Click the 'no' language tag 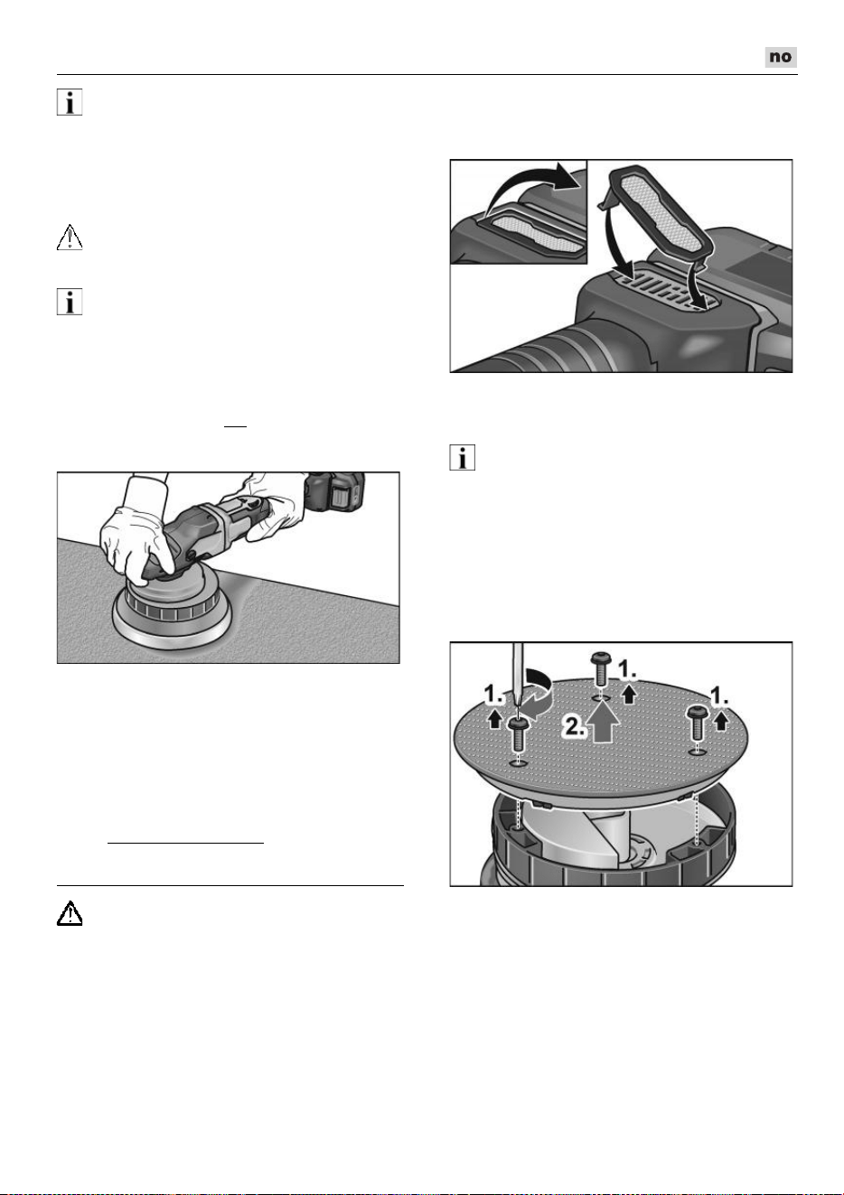tap(781, 57)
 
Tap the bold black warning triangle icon tap(70, 913)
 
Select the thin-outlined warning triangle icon tap(70, 238)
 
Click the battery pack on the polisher tap(335, 493)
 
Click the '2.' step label tap(574, 727)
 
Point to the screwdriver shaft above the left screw tap(517, 677)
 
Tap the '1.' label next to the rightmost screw tap(720, 696)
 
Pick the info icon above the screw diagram tap(463, 458)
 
